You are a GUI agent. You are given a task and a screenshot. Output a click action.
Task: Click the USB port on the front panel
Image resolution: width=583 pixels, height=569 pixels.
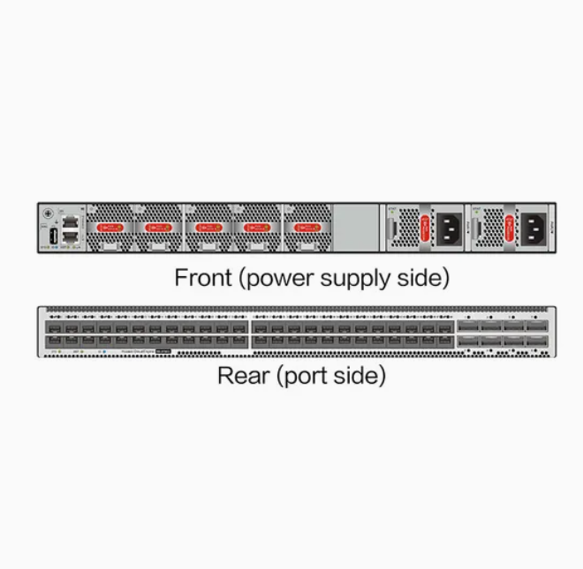coord(53,236)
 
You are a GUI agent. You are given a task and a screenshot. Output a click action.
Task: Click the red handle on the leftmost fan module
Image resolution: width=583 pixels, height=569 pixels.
coord(110,227)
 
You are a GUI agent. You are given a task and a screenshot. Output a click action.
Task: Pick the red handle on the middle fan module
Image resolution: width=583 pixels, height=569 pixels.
coord(208,227)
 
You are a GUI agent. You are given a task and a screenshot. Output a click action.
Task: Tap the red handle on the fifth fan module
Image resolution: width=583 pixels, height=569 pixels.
coord(306,227)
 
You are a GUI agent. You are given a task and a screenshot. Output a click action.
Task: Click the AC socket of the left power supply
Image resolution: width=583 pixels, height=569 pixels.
coord(450,228)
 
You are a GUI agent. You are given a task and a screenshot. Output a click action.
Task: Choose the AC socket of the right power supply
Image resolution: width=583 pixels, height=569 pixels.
coord(535,228)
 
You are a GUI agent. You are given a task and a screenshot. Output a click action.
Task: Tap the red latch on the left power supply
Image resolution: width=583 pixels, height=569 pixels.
coord(425,228)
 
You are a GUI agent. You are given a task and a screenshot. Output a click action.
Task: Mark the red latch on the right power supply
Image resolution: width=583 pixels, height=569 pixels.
coord(511,228)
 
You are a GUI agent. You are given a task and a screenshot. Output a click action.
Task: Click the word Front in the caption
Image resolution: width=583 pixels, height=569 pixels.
coord(203,278)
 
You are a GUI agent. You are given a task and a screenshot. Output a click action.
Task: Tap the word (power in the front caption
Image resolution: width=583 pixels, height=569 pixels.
coord(269,280)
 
